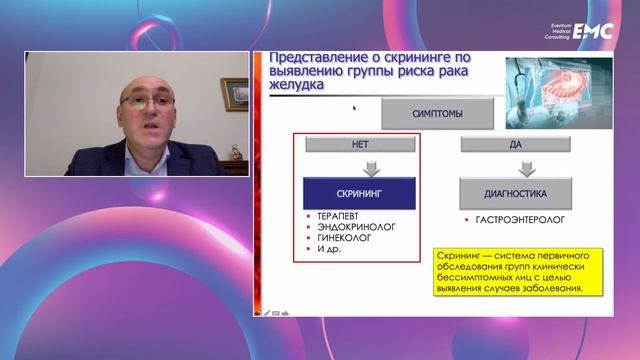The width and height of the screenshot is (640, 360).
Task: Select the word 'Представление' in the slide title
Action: (304, 56)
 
